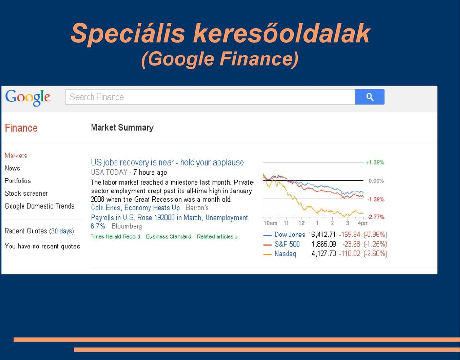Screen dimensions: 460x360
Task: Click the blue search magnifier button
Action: [x=369, y=97]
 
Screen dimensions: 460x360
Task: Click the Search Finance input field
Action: [x=210, y=97]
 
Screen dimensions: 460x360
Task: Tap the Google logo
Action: [x=28, y=98]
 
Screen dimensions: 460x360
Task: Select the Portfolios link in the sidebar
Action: [x=18, y=181]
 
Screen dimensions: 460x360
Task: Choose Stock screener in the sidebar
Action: [x=26, y=193]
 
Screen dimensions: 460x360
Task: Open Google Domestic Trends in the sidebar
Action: [x=40, y=206]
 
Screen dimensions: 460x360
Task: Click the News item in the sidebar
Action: [x=12, y=169]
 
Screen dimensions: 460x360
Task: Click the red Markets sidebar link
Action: [x=16, y=156]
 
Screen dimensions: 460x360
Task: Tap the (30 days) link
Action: [x=62, y=231]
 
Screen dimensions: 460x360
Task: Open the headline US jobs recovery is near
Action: [x=167, y=162]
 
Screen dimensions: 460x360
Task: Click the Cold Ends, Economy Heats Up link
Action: [x=135, y=208]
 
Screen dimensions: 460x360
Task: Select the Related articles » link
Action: [x=218, y=236]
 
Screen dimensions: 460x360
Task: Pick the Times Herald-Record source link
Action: [x=115, y=236]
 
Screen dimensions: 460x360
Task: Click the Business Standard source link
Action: [x=169, y=236]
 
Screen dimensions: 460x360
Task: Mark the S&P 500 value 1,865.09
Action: [x=324, y=244]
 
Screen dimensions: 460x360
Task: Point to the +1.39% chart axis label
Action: [x=375, y=162]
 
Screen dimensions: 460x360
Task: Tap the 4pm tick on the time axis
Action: [x=363, y=223]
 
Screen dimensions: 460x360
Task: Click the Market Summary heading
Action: [x=122, y=127]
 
